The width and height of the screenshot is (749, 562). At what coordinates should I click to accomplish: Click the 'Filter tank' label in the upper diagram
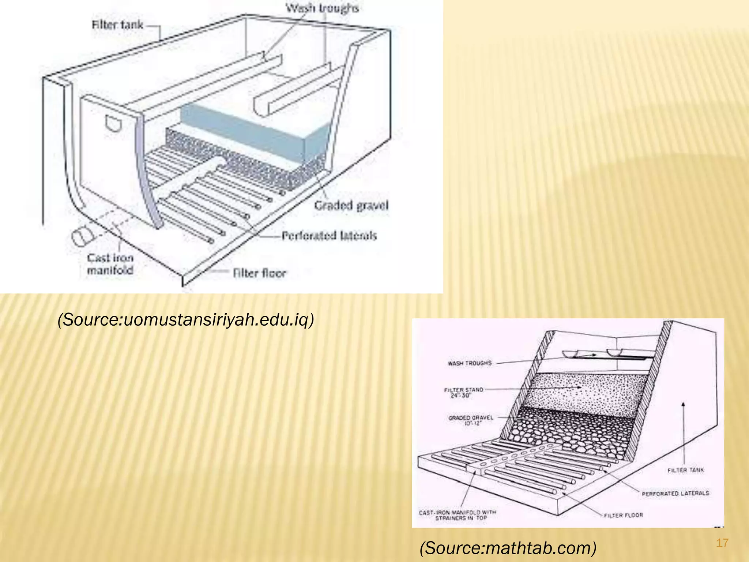tap(117, 25)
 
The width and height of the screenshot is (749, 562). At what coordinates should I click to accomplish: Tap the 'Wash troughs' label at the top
tap(322, 8)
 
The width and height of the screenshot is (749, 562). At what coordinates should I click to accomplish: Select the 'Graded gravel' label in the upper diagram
tap(351, 205)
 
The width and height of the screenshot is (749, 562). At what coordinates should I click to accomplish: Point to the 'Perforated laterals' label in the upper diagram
tap(329, 236)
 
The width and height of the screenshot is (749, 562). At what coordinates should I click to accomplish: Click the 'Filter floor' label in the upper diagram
tap(259, 273)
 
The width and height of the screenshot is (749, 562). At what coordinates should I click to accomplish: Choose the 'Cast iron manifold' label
tap(110, 264)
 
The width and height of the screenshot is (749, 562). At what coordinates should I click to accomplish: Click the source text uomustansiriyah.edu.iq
tap(186, 319)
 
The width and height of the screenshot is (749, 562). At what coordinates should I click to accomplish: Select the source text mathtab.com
tap(508, 548)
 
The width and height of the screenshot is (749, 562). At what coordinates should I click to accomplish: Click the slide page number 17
tap(722, 543)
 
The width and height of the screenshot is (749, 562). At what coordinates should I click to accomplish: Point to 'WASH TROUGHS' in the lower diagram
tap(470, 363)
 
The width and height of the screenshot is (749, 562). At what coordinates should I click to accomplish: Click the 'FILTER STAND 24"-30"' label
tap(463, 393)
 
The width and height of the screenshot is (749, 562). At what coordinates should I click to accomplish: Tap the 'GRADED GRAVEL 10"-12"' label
tap(471, 420)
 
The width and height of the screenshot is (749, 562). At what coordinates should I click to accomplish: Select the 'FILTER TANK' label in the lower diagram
tap(685, 470)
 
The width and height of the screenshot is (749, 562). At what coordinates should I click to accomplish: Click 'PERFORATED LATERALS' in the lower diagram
tap(675, 493)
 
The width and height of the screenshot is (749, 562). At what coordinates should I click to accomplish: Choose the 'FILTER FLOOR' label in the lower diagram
tap(623, 515)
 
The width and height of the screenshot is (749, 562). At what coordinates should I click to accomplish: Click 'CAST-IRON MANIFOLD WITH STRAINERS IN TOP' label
tap(457, 515)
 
